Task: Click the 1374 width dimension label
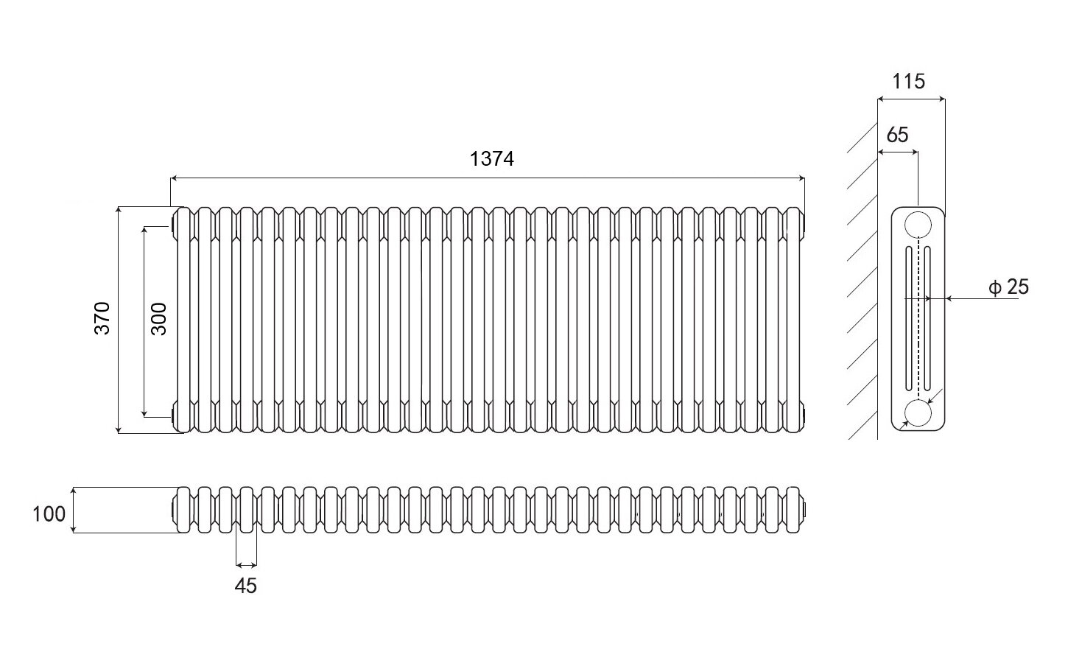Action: [492, 159]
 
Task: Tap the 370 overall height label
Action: [102, 318]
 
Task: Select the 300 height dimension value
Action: [158, 318]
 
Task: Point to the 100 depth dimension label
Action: [49, 513]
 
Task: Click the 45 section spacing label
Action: [246, 586]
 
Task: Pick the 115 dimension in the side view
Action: [908, 81]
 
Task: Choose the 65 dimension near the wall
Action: [897, 135]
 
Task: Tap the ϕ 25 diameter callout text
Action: [1008, 287]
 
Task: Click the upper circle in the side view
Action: [918, 224]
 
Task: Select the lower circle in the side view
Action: [918, 414]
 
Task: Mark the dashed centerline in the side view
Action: [918, 317]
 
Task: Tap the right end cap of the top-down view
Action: [805, 508]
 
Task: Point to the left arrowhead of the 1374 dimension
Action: [175, 178]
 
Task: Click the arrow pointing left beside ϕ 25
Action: [950, 298]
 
